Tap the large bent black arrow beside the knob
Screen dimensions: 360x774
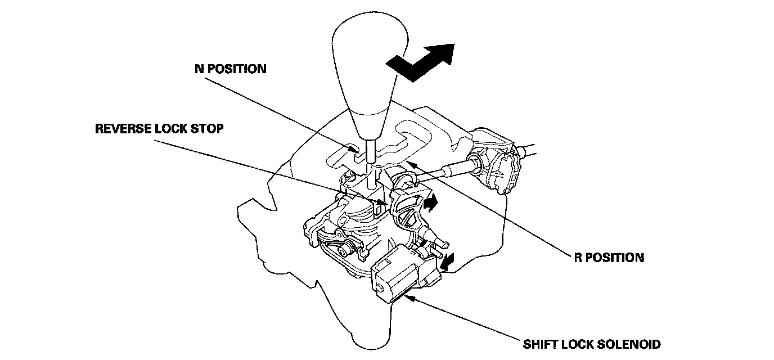click(422, 57)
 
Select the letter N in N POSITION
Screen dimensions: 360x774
click(197, 69)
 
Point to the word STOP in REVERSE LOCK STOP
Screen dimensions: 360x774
click(209, 129)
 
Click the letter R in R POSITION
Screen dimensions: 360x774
click(578, 258)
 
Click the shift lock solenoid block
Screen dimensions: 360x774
click(400, 276)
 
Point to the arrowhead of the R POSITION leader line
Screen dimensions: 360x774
click(409, 164)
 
